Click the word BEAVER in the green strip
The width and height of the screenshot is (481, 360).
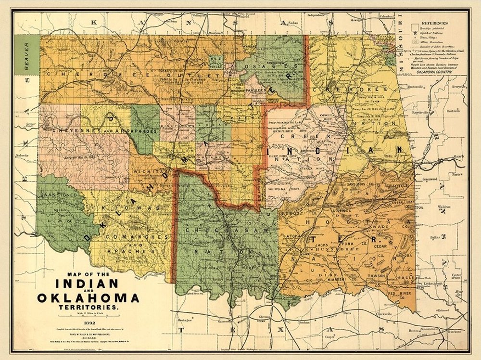coord(27,57)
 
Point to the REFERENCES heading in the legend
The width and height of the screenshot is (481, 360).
coord(434,23)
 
